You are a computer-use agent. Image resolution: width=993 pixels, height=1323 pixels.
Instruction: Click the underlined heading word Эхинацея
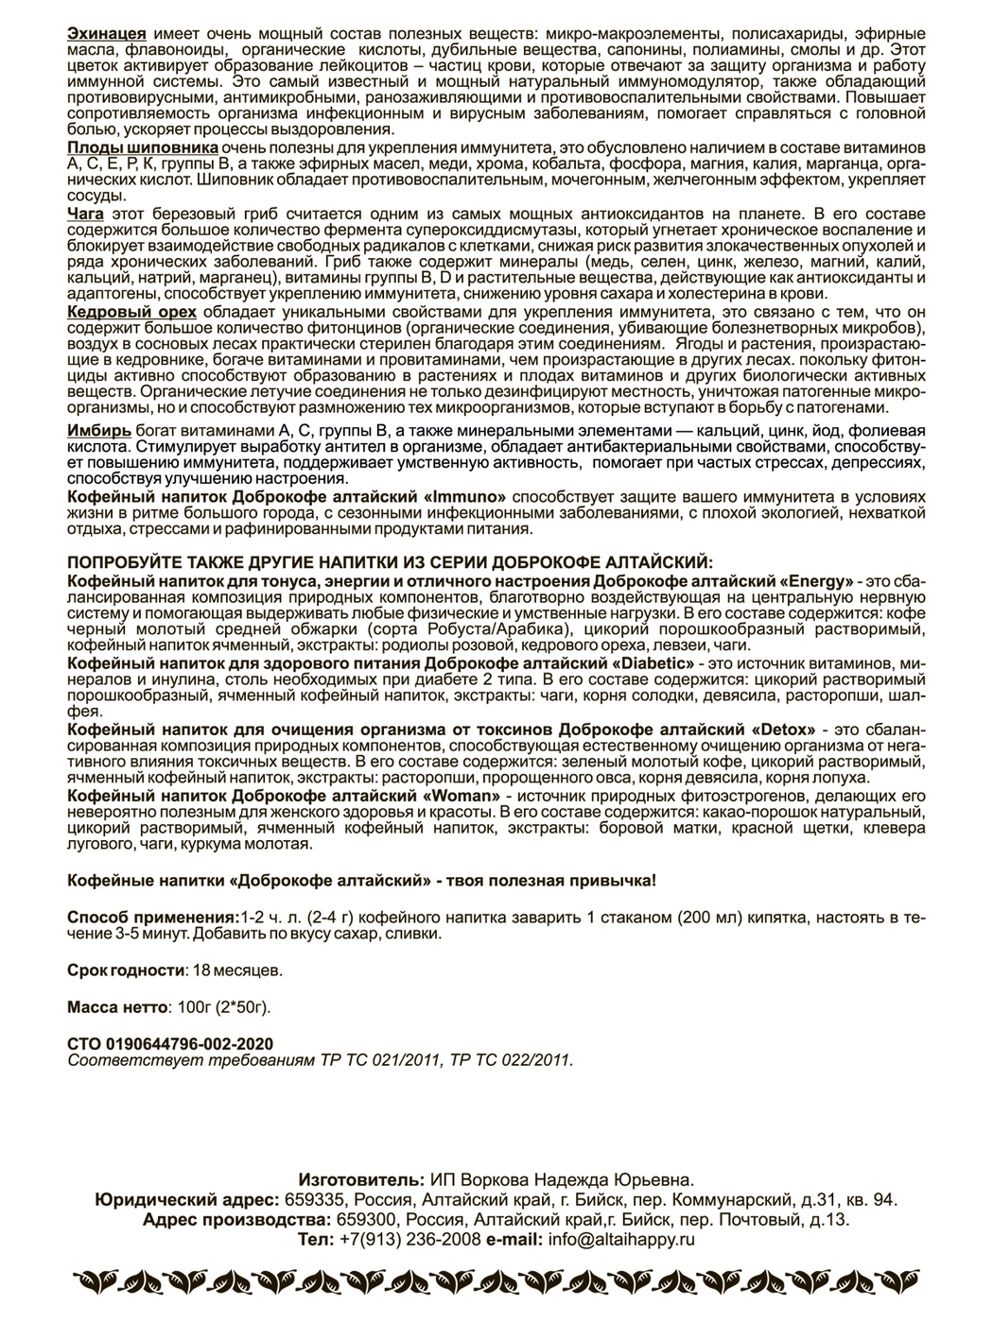point(107,34)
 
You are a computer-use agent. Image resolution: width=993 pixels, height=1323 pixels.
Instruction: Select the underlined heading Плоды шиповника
point(144,149)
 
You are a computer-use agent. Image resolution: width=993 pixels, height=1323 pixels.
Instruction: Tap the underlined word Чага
point(85,215)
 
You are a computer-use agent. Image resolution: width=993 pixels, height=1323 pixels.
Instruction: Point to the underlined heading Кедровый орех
point(132,312)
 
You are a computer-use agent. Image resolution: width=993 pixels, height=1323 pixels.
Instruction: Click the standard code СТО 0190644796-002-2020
point(170,1043)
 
